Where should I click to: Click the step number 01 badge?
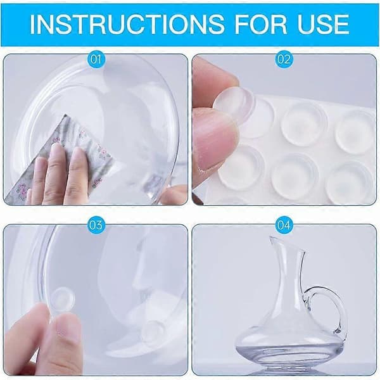(96, 59)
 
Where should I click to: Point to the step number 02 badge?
(284, 59)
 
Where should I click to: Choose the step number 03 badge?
(96, 225)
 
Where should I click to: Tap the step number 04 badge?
(284, 225)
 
